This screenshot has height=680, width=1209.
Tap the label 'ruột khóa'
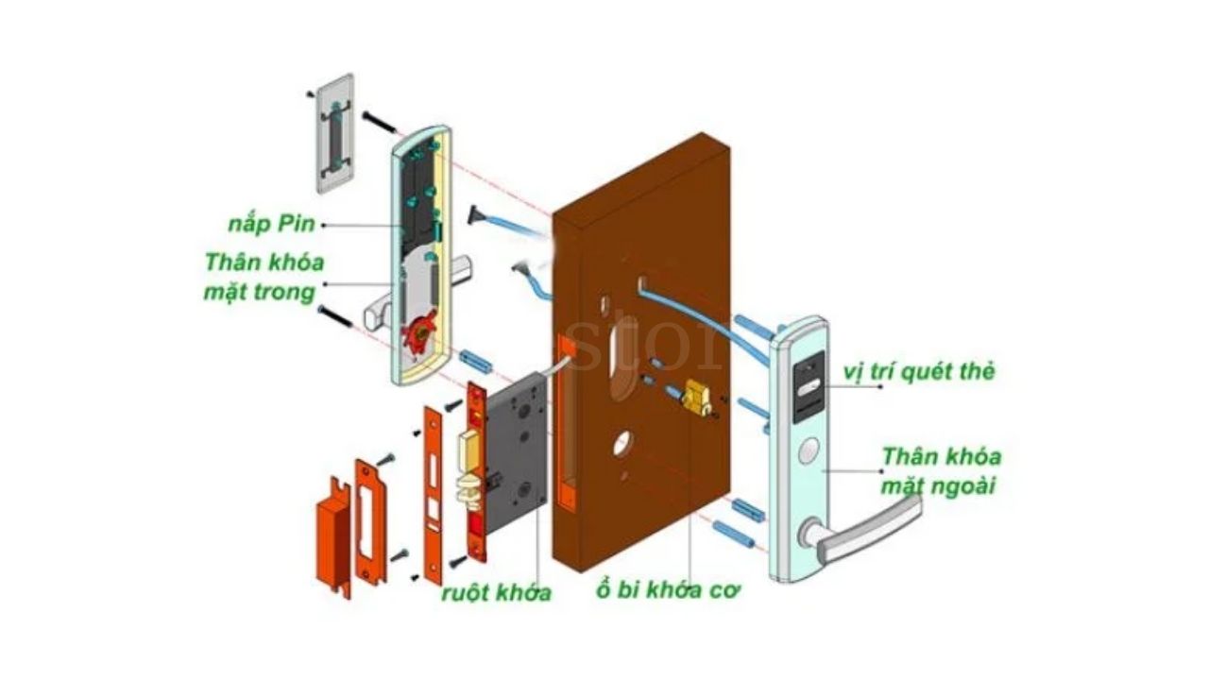point(496,594)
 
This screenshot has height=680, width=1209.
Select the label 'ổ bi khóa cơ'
point(668,591)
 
